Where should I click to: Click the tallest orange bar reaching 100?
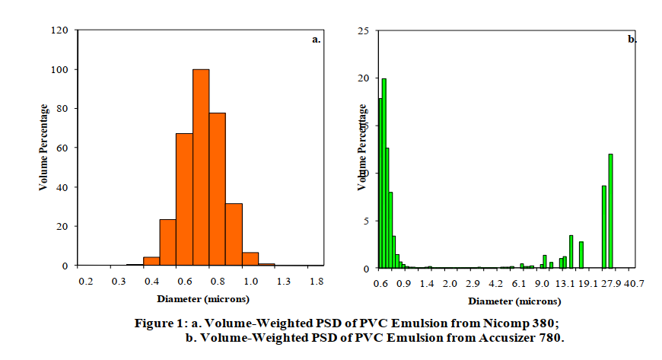point(201,167)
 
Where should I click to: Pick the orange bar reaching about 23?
point(167,242)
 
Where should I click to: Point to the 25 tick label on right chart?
point(364,30)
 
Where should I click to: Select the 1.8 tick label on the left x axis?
point(317,282)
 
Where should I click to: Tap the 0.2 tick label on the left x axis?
point(85,282)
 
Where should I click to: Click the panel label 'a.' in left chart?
point(317,40)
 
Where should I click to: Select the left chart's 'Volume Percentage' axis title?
point(44,147)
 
